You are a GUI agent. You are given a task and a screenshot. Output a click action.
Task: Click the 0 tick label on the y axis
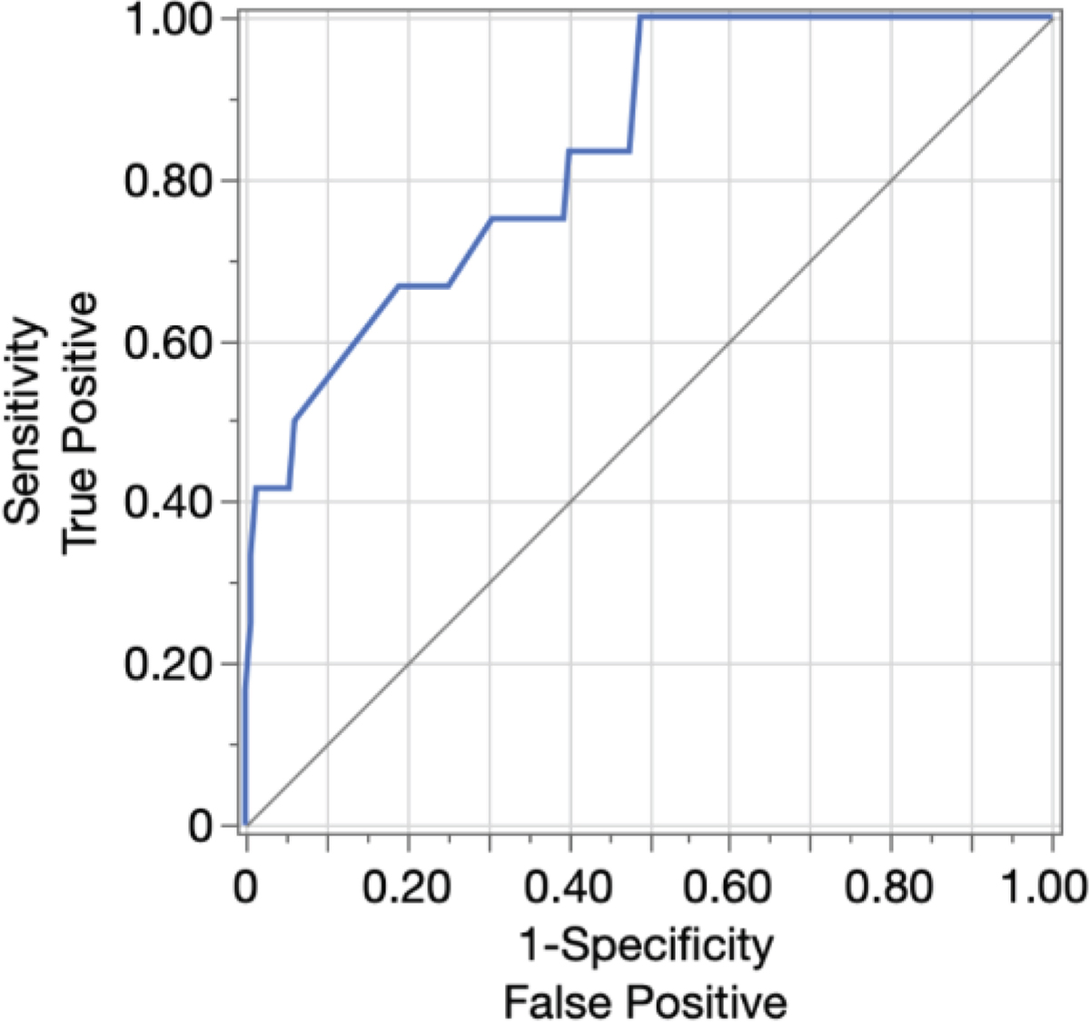(x=201, y=825)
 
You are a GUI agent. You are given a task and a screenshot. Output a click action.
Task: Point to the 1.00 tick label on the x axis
(x=1045, y=886)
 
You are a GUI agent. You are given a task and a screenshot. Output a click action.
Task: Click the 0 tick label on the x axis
(x=246, y=886)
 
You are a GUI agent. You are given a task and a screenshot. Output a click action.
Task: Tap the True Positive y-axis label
(x=80, y=420)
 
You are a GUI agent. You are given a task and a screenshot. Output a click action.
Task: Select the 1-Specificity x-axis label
(x=646, y=947)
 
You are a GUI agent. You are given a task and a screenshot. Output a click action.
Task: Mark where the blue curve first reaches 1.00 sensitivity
(x=641, y=17)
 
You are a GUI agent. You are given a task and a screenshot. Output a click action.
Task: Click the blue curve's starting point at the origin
(x=246, y=824)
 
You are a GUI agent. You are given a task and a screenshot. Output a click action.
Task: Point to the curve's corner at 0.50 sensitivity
(x=295, y=420)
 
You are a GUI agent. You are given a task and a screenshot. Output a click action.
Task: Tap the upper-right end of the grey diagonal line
(x=1052, y=18)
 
